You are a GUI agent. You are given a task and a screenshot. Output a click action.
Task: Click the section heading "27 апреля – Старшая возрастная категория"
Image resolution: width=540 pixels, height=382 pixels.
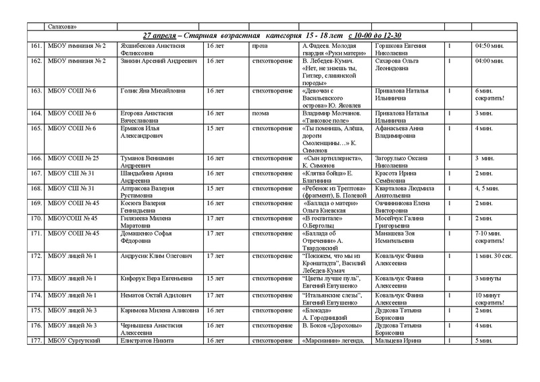point(273,35)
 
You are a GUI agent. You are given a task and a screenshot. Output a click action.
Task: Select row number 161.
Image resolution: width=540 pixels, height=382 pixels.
point(36,45)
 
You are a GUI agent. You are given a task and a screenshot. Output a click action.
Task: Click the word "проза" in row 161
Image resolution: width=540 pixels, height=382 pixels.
point(260,45)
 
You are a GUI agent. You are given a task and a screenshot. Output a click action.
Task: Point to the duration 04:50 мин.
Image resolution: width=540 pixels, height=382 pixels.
point(489,45)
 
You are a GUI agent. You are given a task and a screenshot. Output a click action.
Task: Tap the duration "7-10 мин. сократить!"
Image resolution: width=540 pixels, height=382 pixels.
point(491,238)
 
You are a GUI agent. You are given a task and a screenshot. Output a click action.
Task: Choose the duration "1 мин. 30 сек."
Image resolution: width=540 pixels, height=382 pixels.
point(496,256)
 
